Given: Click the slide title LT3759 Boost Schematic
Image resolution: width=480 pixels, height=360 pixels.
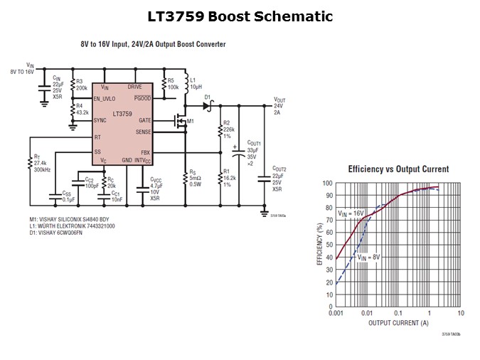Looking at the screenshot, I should point(240,16).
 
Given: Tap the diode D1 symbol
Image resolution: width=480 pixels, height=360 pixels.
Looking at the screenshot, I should point(208,105).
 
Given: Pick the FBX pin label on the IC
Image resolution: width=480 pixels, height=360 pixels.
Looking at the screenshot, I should point(146,152).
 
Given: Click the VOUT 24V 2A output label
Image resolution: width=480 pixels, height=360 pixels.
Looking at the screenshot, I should point(279,105).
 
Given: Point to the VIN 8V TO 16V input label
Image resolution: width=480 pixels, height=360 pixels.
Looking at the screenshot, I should point(21,68).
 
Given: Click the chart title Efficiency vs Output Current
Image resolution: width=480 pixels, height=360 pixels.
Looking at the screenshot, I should point(398,169).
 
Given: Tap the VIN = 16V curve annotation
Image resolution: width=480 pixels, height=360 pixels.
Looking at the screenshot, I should point(349,212).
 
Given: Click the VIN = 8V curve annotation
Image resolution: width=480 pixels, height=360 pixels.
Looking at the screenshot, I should point(370,257).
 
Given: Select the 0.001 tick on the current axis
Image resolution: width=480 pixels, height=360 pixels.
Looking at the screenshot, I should point(336,313).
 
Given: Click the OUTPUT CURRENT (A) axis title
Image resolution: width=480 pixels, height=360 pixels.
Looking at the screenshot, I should point(398,324).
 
